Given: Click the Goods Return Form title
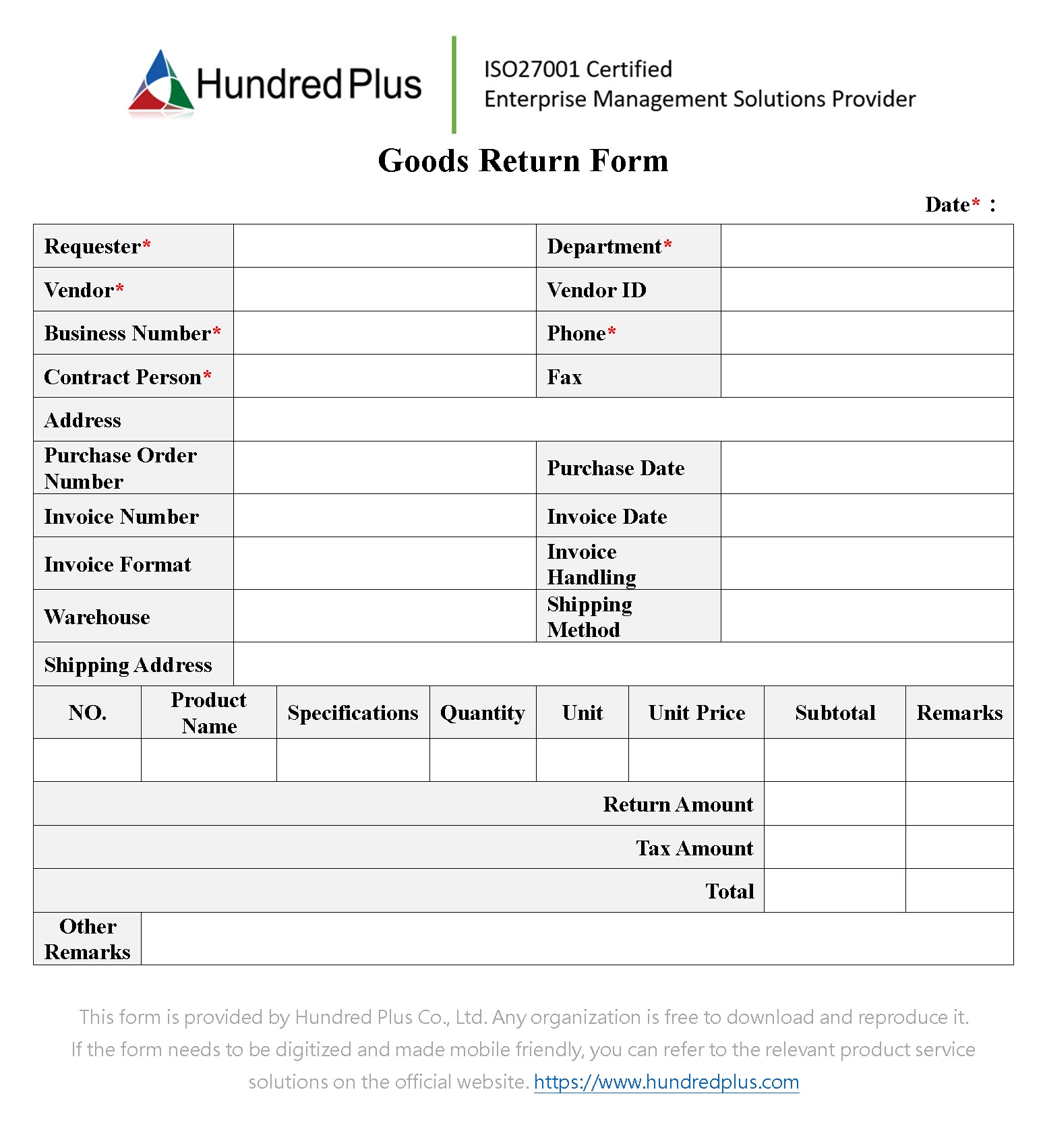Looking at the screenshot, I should [x=523, y=161].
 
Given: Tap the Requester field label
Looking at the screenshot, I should [x=92, y=247].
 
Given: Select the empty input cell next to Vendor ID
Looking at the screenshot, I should [x=866, y=290].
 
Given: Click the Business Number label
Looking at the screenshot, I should [x=127, y=334].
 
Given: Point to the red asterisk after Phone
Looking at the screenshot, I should [x=612, y=332].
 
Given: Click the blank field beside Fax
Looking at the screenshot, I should [x=866, y=376].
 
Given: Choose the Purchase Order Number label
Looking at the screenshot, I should [x=120, y=468].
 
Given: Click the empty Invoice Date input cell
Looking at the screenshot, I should [x=866, y=516].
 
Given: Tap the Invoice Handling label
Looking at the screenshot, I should [x=591, y=564].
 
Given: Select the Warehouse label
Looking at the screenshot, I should [x=97, y=617].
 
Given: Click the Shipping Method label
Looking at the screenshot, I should [x=589, y=617].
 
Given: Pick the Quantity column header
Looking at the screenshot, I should [x=482, y=713].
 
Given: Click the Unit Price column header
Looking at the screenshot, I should [x=696, y=713].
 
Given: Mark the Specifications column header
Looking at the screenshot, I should [x=353, y=713].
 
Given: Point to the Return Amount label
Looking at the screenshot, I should [x=678, y=805].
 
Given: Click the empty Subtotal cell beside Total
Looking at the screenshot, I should [x=834, y=891].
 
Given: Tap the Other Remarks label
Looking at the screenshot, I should [x=88, y=939].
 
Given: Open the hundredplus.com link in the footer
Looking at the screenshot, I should [x=666, y=1082].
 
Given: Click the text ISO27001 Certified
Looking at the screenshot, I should [x=578, y=69].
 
